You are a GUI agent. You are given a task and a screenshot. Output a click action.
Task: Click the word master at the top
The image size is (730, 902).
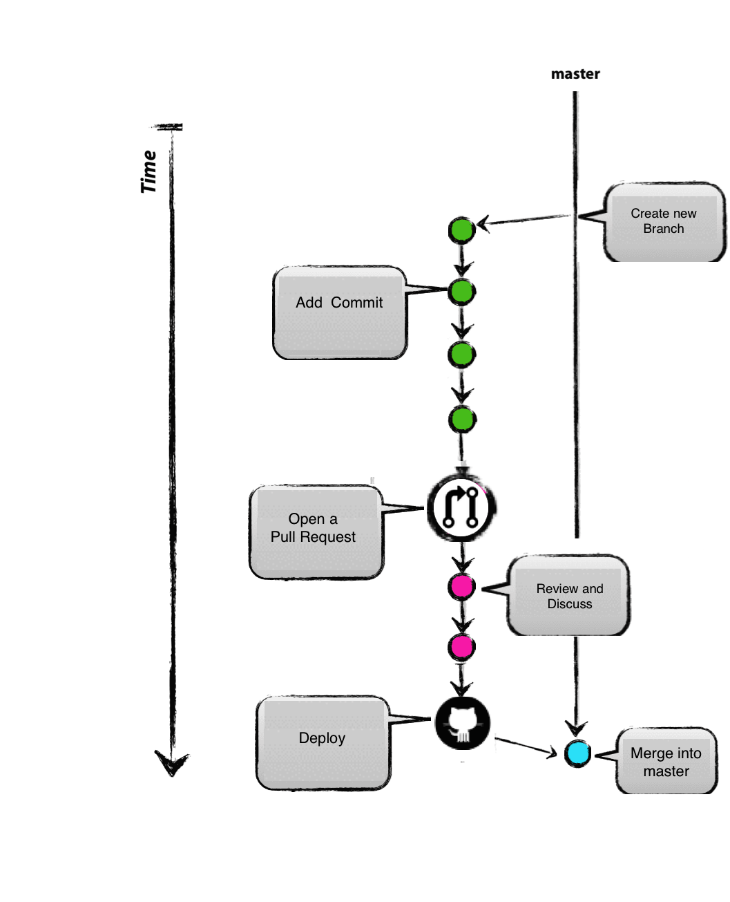(575, 74)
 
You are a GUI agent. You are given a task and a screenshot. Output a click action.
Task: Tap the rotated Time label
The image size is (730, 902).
(149, 172)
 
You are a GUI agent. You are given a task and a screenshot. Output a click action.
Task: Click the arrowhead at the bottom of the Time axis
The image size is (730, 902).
(171, 764)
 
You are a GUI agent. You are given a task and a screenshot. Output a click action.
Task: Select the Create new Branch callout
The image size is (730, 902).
(664, 221)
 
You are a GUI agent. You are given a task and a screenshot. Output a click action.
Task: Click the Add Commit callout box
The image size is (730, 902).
(339, 312)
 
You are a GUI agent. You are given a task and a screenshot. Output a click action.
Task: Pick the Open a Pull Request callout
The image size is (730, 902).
(315, 531)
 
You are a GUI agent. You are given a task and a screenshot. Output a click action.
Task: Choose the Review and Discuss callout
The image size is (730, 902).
(569, 595)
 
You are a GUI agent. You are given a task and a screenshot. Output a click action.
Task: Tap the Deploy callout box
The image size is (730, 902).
(323, 742)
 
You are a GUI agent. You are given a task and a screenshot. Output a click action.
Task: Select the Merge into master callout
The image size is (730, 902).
(666, 761)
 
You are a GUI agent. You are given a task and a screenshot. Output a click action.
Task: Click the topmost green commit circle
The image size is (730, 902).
(461, 230)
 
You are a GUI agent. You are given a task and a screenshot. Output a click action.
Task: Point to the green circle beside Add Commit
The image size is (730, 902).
(461, 292)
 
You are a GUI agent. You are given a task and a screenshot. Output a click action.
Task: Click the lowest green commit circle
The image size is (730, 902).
(462, 419)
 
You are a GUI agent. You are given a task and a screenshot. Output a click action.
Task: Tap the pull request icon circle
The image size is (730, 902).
(461, 508)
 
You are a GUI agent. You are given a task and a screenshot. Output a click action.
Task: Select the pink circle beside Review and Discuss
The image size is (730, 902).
(461, 587)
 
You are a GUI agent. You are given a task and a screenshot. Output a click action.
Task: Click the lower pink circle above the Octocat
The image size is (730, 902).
(461, 647)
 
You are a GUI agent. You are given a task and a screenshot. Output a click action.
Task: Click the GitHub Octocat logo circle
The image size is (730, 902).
(463, 724)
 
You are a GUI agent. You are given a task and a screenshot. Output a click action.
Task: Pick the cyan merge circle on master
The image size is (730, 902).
(577, 753)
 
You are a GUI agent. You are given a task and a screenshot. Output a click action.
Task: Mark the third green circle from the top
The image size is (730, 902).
(461, 355)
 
